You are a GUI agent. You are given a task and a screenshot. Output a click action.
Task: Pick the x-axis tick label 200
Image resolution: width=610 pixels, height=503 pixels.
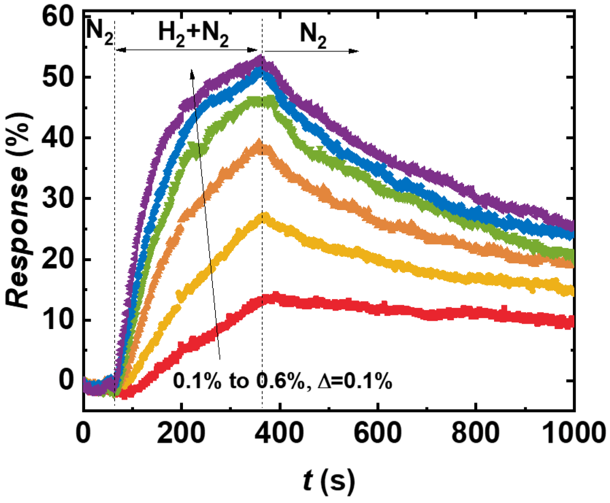coord(181,433)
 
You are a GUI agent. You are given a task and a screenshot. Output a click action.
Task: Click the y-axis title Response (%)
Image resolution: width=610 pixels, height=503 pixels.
coord(19,209)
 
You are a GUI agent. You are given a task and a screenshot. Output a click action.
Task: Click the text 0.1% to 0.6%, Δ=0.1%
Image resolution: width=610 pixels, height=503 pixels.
coord(282,381)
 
